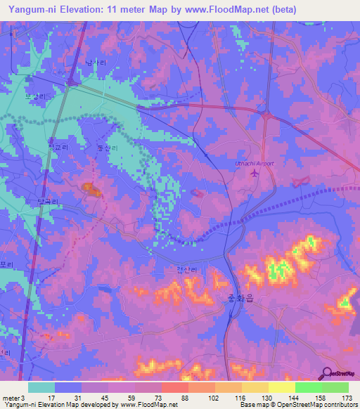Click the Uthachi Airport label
click(254, 163)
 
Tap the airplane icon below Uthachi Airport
click(254, 174)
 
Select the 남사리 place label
click(96, 63)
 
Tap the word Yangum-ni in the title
click(32, 9)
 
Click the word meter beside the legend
click(12, 397)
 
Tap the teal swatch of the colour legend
click(41, 387)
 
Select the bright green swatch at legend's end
click(335, 387)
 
